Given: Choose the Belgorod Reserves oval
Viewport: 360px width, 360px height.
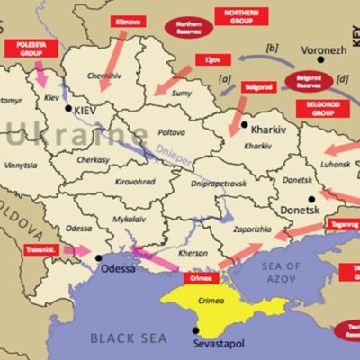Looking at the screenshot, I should (x=309, y=81).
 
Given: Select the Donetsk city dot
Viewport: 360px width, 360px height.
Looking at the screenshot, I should (x=310, y=199).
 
